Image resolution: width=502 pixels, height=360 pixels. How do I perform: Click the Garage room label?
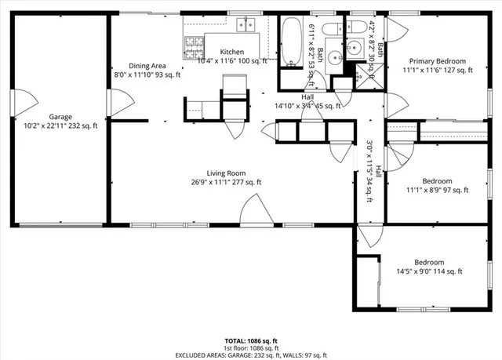coord(60,117)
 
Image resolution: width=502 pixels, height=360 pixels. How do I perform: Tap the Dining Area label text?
coord(147,67)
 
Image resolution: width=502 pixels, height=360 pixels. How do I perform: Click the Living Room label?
coord(226,173)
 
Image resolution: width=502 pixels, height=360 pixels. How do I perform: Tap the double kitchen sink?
coord(245,26)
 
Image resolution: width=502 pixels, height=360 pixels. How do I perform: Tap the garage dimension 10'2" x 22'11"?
coord(60,125)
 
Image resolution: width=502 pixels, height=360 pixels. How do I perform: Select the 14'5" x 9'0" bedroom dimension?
coord(429,271)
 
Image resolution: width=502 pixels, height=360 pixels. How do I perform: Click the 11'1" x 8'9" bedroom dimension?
coord(437,189)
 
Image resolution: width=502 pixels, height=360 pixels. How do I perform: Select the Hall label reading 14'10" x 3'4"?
coord(307,106)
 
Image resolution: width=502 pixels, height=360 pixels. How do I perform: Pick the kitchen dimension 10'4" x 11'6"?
coord(233,60)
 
